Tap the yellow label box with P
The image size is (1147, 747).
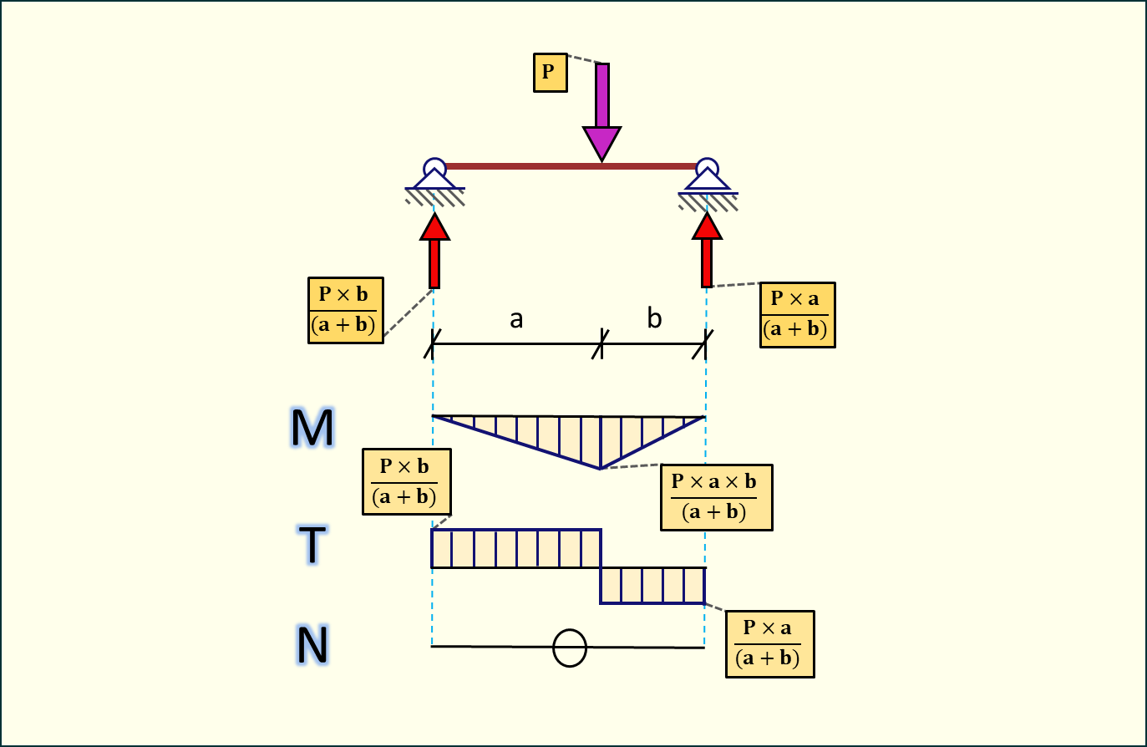[x=550, y=72]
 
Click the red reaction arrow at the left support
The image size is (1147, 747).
[x=434, y=251]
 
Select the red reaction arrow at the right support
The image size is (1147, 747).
[x=707, y=250]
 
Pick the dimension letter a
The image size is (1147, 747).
[x=516, y=318]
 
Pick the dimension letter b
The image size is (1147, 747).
[x=654, y=318]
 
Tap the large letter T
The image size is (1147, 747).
[x=312, y=544]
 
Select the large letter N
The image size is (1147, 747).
[x=312, y=645]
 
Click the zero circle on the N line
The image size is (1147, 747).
[x=570, y=648]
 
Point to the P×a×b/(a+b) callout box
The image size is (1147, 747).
[x=716, y=497]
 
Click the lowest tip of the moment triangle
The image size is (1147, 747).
[x=600, y=468]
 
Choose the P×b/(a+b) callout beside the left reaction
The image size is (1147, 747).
[x=345, y=310]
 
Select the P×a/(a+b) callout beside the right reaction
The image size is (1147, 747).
[x=797, y=314]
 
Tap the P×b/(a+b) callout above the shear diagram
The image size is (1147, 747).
[x=406, y=481]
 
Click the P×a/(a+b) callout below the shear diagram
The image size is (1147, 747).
[x=769, y=643]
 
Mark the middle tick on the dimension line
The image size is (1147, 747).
[x=601, y=343]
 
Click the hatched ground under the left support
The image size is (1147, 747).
[x=435, y=197]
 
